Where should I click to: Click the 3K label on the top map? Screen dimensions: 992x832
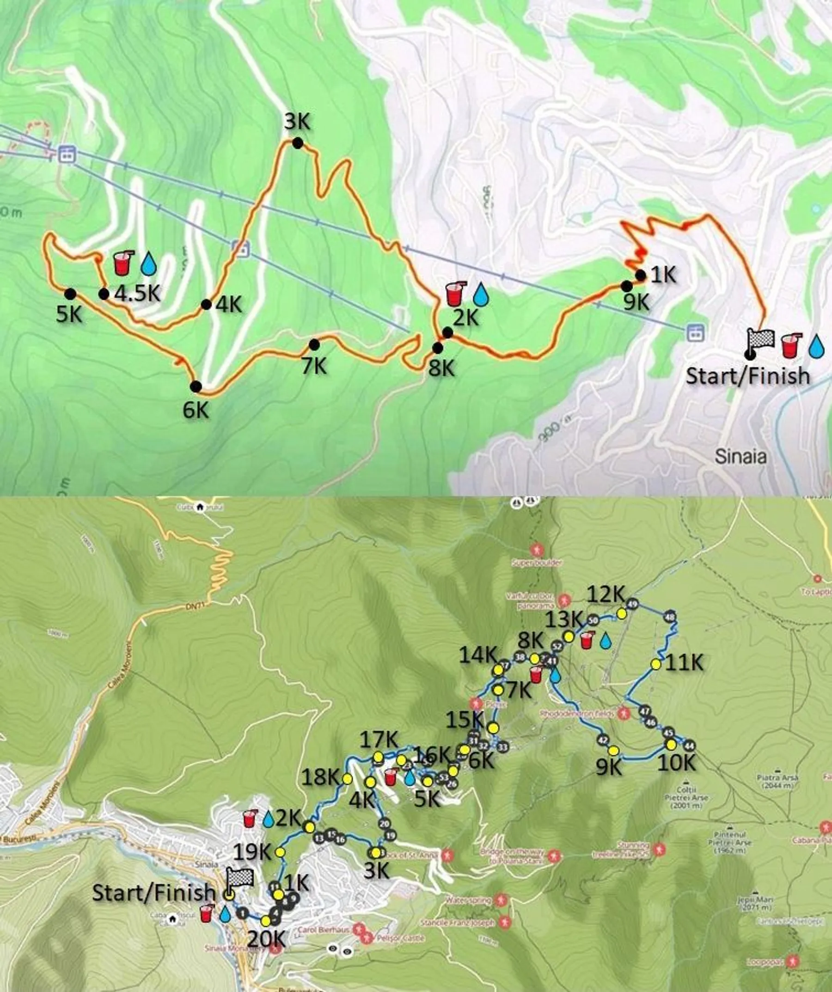[x=297, y=122]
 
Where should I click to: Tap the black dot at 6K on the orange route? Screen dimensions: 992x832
[x=196, y=387]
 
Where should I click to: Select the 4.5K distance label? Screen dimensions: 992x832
[x=137, y=294]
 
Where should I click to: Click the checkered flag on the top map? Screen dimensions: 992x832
[x=760, y=339]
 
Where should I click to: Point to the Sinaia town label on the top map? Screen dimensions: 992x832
[x=740, y=456]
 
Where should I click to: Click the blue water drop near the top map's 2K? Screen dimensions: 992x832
[x=482, y=294]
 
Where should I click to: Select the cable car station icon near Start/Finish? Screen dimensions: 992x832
[x=693, y=332]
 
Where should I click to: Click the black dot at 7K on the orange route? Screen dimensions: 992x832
[x=314, y=345]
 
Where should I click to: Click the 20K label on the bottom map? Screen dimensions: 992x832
[x=266, y=940]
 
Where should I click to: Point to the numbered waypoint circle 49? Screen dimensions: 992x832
[x=632, y=604]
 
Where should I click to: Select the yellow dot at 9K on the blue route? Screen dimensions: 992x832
[x=613, y=751]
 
